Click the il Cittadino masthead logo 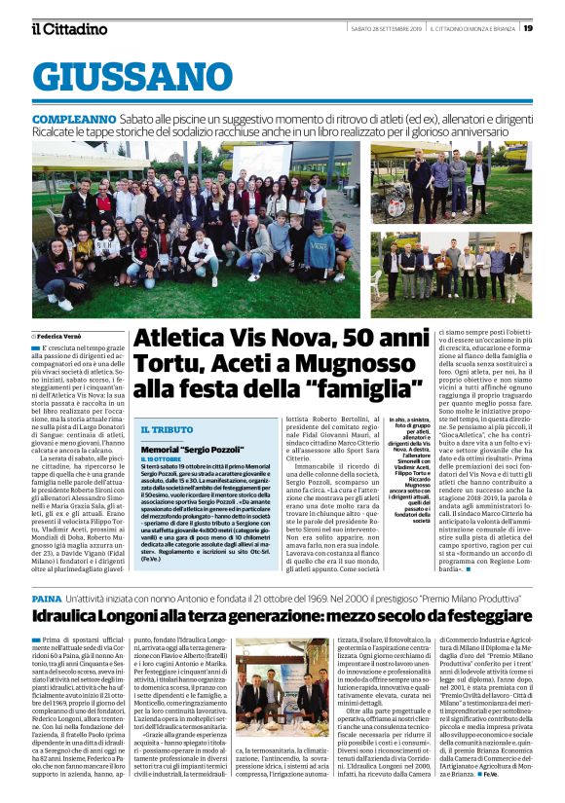click(69, 28)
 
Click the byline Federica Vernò click(65, 336)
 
